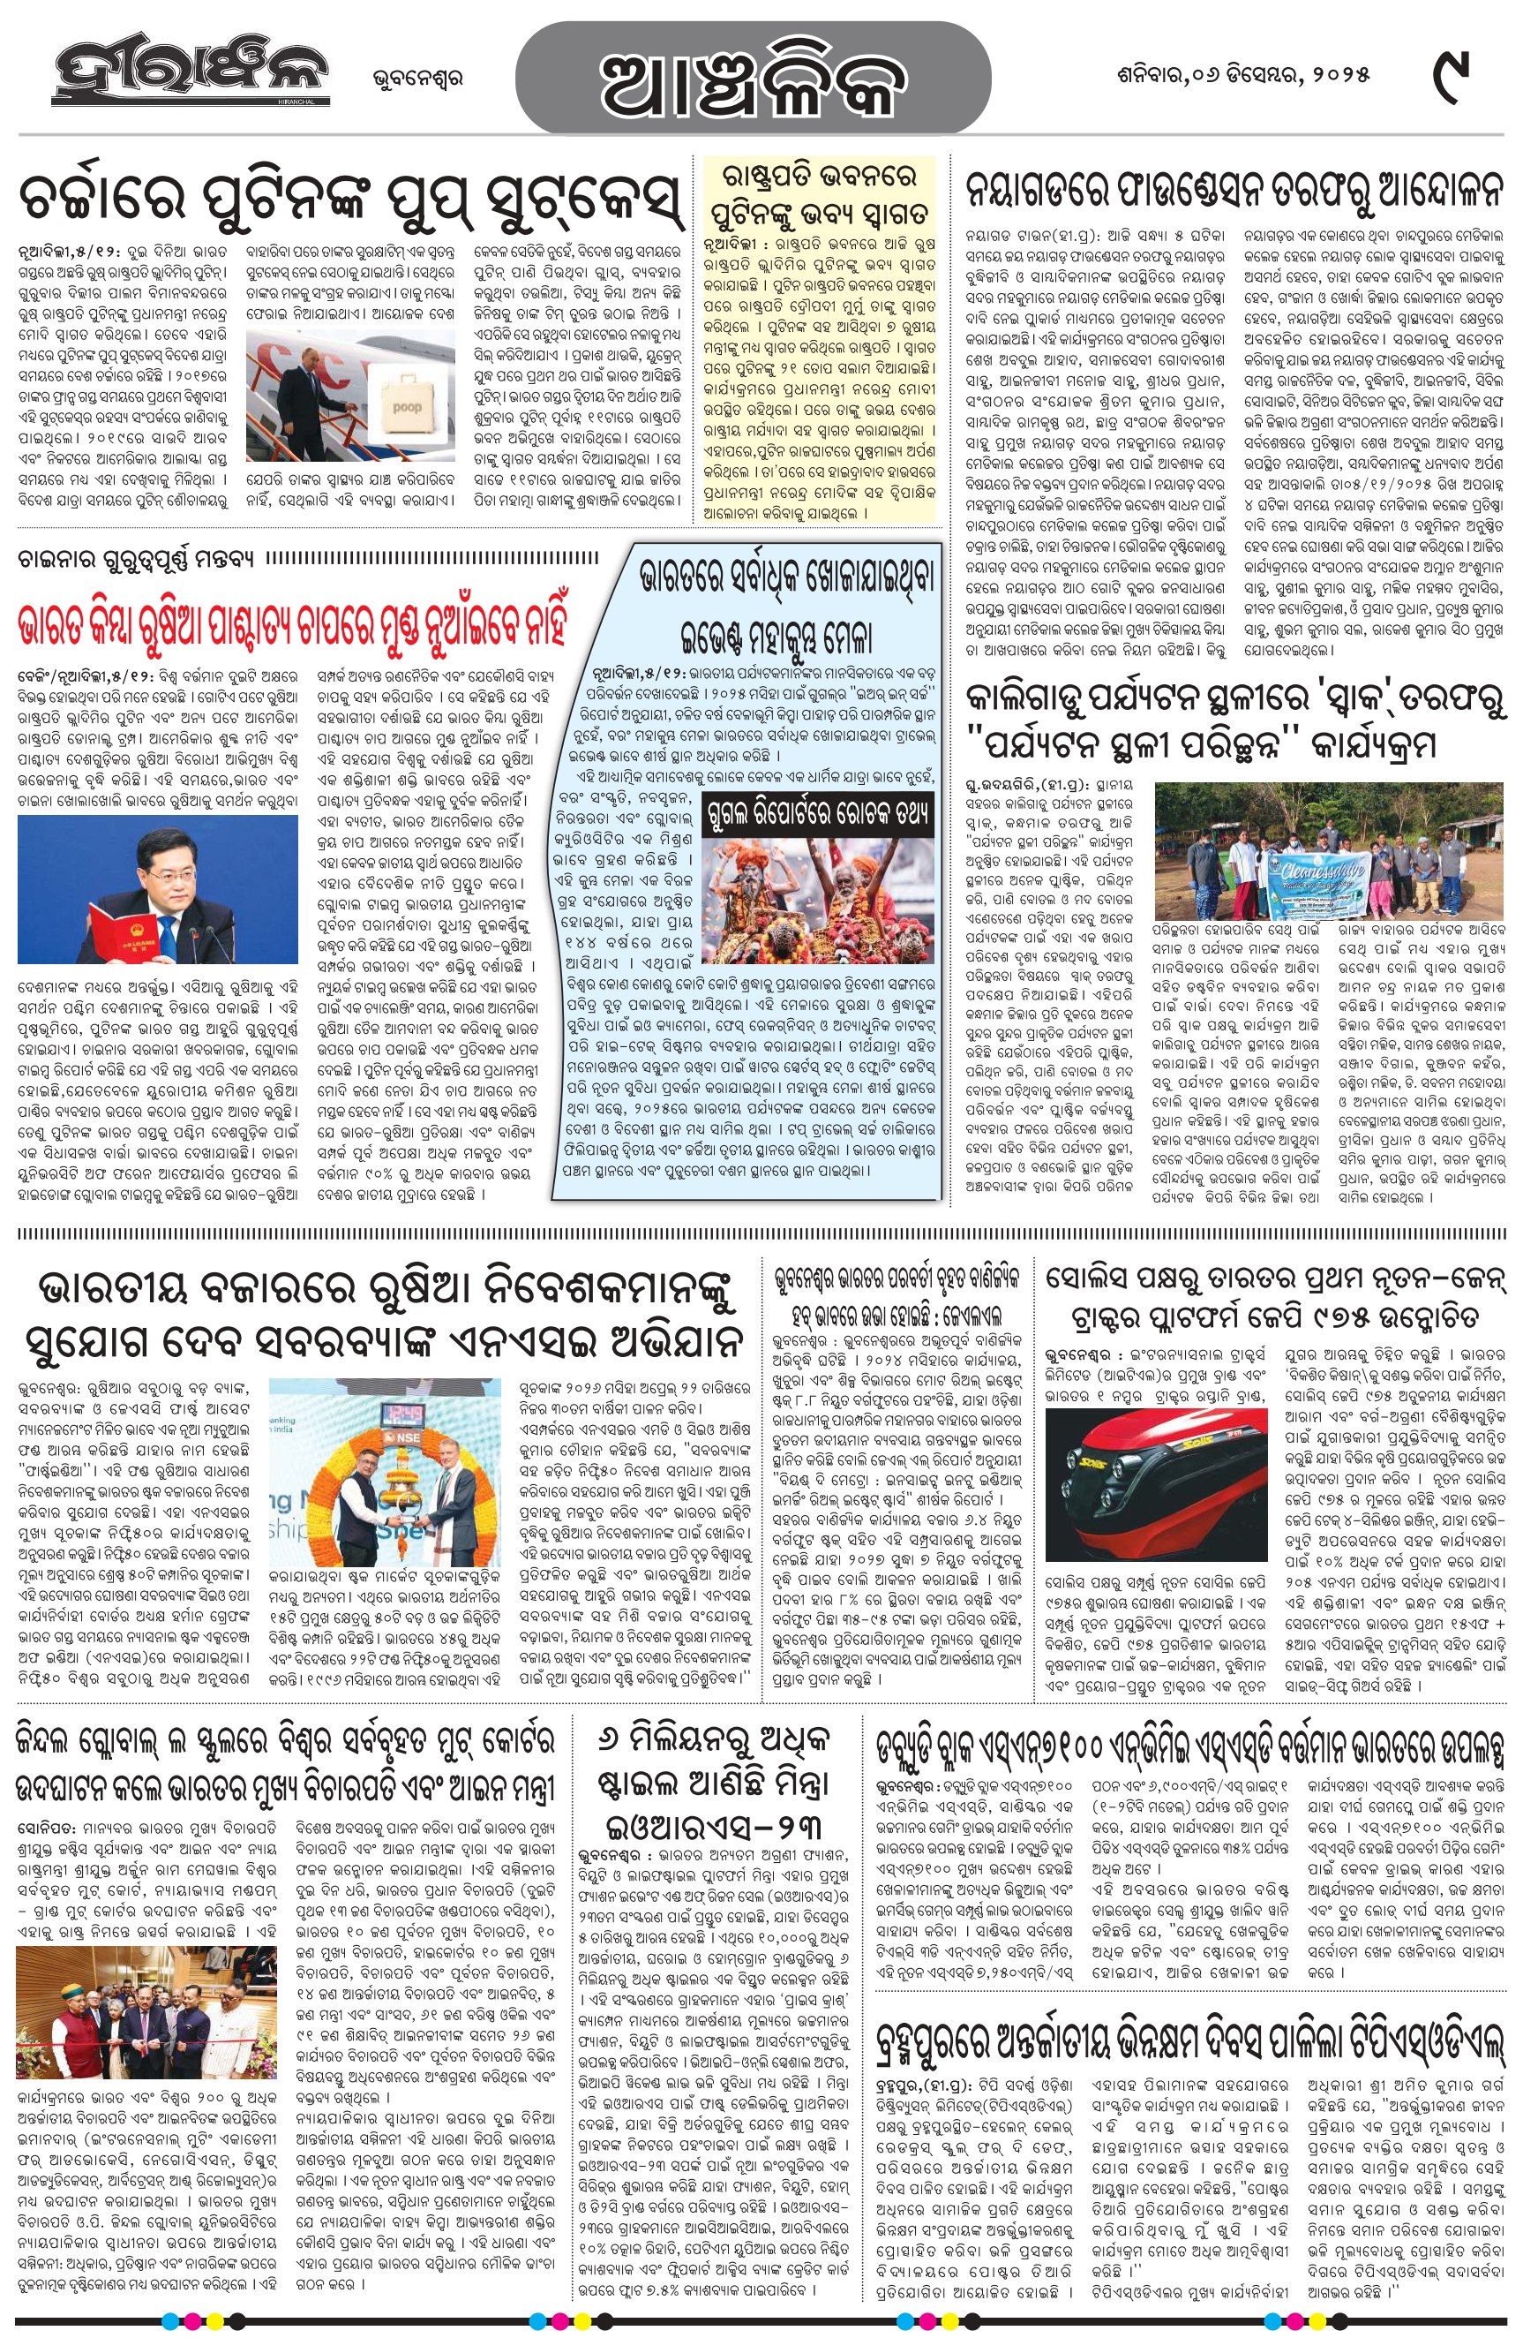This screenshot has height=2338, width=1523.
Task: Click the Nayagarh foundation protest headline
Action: click(x=1234, y=190)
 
